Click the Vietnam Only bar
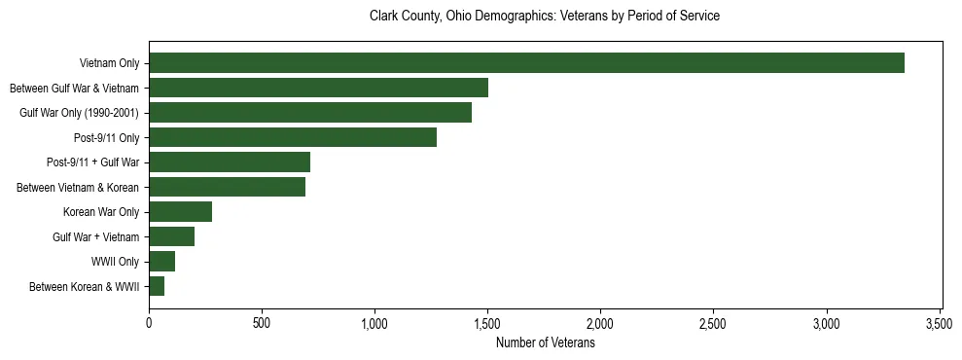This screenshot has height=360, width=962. pyautogui.click(x=526, y=63)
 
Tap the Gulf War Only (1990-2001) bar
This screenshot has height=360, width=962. pyautogui.click(x=310, y=113)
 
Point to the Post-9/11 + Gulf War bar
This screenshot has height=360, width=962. pyautogui.click(x=230, y=162)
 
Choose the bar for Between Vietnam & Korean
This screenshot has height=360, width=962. pyautogui.click(x=227, y=187)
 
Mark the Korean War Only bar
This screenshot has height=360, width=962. pyautogui.click(x=180, y=212)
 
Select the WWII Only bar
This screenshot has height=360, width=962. pyautogui.click(x=161, y=262)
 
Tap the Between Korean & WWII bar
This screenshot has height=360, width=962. pyautogui.click(x=157, y=286)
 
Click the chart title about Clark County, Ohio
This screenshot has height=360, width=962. pyautogui.click(x=545, y=17)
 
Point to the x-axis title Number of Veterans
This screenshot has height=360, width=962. pyautogui.click(x=545, y=343)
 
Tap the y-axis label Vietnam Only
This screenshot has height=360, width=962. pyautogui.click(x=109, y=63)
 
